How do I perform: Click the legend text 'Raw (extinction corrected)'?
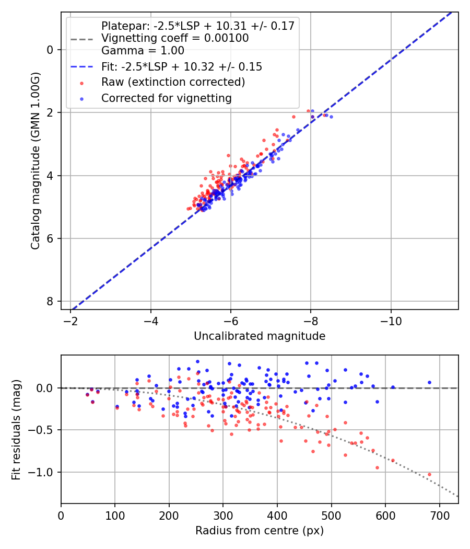point(173,82)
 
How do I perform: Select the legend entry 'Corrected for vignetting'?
point(166,98)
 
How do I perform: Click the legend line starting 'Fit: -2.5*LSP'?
point(181,67)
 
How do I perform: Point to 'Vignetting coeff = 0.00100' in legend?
point(174,38)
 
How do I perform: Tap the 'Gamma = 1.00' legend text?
point(143,51)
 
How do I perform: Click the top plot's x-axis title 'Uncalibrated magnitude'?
point(260,336)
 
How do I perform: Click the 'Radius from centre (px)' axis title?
point(260,531)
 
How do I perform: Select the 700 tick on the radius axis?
point(439,515)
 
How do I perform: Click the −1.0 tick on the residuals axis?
point(44,472)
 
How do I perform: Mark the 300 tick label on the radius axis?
point(223,515)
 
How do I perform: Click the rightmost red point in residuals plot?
point(429,474)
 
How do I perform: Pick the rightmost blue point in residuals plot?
point(429,382)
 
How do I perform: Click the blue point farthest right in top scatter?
point(331,117)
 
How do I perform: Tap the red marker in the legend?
point(81,83)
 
